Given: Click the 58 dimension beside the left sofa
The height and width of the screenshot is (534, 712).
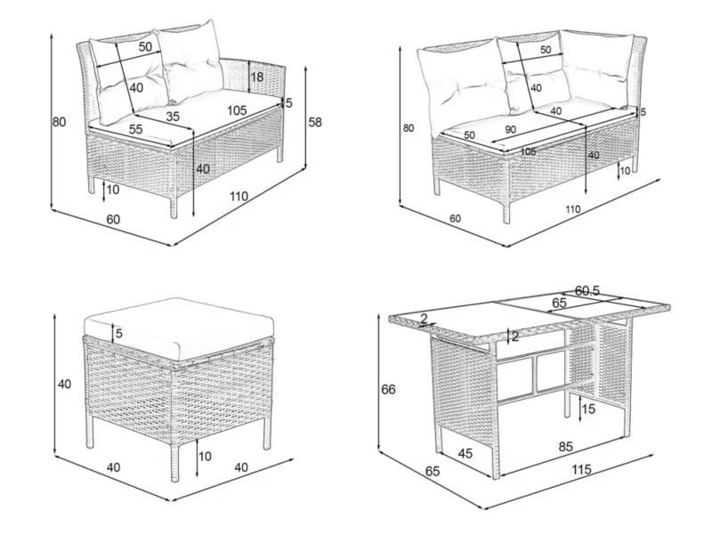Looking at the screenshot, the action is [315, 122].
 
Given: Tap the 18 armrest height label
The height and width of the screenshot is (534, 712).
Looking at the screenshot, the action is [256, 77].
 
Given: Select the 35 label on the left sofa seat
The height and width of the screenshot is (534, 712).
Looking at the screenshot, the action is [172, 117].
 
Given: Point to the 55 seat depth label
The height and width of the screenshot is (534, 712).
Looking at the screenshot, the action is [135, 129].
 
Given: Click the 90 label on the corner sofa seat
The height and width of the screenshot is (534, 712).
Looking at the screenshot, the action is [510, 129].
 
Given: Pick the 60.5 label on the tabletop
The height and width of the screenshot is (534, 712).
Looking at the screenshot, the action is [587, 291].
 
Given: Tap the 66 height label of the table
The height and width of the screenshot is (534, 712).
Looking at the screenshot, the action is [388, 389].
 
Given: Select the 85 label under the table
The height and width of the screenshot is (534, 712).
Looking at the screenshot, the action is [565, 447].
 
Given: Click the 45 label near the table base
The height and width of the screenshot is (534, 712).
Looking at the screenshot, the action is [465, 453].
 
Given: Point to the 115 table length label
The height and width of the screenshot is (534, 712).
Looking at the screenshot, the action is [581, 470].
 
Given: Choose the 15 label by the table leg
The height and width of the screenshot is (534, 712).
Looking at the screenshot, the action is [588, 409].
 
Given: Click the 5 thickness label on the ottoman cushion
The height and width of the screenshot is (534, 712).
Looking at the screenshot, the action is [119, 333].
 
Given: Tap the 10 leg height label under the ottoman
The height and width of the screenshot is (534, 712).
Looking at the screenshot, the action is [205, 456].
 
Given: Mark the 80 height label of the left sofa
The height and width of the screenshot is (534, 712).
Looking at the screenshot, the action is [59, 122].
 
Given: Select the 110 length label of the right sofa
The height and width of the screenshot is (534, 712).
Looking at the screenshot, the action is [573, 209].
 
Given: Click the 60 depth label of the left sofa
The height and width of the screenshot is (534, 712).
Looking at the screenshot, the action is [113, 219].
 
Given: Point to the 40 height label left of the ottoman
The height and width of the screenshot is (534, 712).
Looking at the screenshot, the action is [64, 384].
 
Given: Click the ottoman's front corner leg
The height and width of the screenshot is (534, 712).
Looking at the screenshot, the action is [174, 462].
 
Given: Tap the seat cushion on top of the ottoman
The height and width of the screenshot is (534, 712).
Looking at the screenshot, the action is [179, 328].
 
